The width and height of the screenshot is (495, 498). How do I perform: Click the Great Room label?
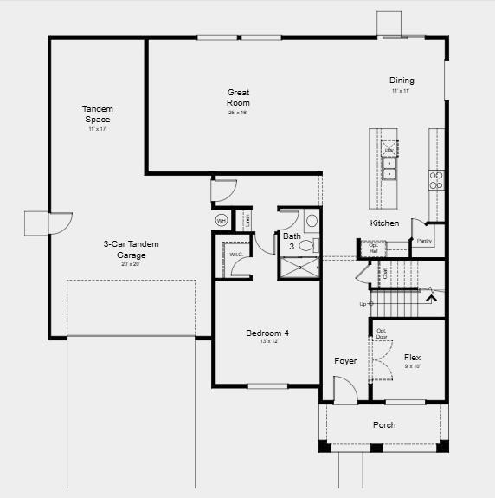click(238, 97)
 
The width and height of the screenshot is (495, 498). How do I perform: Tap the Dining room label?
click(401, 81)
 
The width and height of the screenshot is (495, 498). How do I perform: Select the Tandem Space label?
click(98, 113)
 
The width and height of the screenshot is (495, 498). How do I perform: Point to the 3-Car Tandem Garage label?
click(131, 249)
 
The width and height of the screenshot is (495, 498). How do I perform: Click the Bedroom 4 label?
click(267, 333)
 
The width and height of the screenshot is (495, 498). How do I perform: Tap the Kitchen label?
click(385, 223)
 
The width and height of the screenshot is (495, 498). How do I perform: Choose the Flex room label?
click(412, 357)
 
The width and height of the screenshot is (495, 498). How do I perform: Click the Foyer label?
click(345, 361)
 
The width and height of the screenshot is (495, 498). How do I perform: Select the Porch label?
click(384, 424)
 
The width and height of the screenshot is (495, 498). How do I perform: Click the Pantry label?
click(424, 241)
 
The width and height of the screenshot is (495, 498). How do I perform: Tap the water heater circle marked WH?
click(221, 220)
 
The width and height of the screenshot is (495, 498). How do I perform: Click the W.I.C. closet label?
click(235, 254)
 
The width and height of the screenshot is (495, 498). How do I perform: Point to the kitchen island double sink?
click(390, 167)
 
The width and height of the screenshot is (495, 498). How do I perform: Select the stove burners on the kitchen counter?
click(437, 179)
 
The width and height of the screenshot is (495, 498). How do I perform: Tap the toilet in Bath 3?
click(306, 246)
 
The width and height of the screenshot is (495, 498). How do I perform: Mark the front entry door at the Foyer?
click(345, 393)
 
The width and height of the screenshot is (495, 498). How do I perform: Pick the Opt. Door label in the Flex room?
click(382, 333)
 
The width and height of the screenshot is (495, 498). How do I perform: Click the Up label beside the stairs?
click(363, 304)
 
